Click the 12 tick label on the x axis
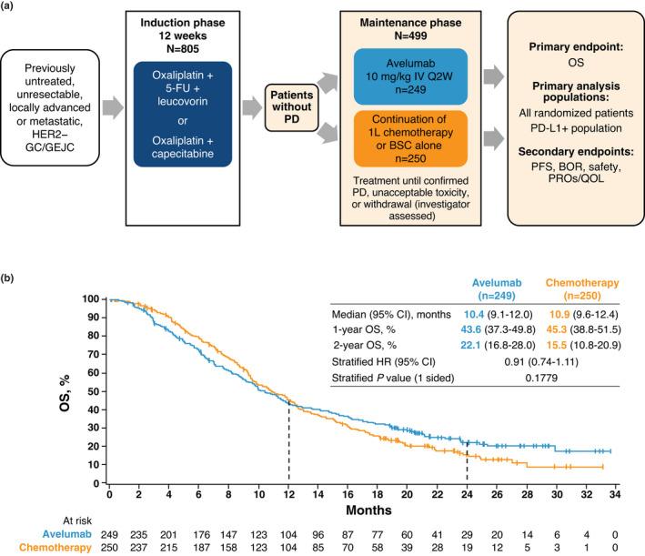coord(289,503)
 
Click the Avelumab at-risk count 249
coord(109,532)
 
